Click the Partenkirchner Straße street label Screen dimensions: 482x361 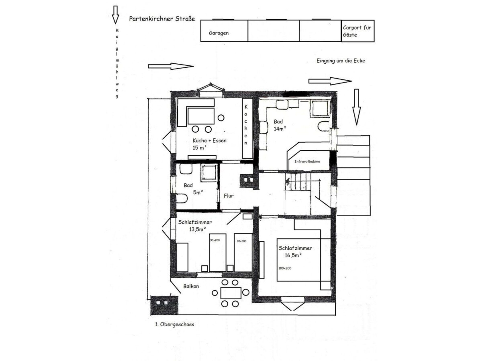pyautogui.click(x=162, y=19)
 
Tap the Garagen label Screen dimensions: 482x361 pyautogui.click(x=219, y=33)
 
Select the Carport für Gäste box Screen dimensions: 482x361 pyautogui.click(x=358, y=31)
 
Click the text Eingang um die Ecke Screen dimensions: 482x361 pyautogui.click(x=341, y=61)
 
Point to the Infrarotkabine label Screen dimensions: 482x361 pyautogui.click(x=307, y=161)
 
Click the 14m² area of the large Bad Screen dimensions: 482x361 pyautogui.click(x=280, y=129)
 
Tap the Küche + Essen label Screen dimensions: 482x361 pyautogui.click(x=210, y=140)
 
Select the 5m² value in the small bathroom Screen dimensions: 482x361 pyautogui.click(x=198, y=192)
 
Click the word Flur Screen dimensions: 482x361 pyautogui.click(x=229, y=196)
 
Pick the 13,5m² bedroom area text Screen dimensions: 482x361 pyautogui.click(x=197, y=229)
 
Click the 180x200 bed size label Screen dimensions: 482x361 pyautogui.click(x=285, y=268)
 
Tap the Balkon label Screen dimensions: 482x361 pyautogui.click(x=191, y=286)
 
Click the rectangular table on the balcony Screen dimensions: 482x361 pyautogui.click(x=231, y=293)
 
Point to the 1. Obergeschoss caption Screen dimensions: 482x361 pyautogui.click(x=174, y=324)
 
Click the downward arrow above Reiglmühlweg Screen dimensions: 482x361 pyautogui.click(x=115, y=15)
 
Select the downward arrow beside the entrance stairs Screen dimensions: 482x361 pyautogui.click(x=356, y=107)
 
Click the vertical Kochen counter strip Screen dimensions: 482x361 pyautogui.click(x=248, y=128)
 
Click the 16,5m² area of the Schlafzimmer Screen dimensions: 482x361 pyautogui.click(x=293, y=255)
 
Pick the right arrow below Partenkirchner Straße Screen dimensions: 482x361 pyautogui.click(x=171, y=66)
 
